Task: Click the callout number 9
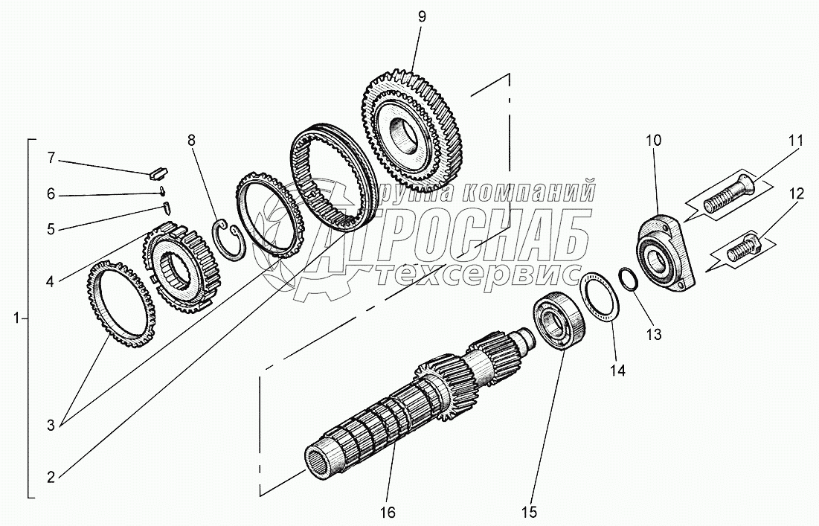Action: (421, 16)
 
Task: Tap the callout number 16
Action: (388, 512)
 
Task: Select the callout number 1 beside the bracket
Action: (16, 318)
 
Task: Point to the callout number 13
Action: (652, 335)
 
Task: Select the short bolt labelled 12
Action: (743, 248)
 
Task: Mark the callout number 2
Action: (50, 478)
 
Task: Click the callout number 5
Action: (50, 229)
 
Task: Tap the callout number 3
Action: (50, 426)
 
